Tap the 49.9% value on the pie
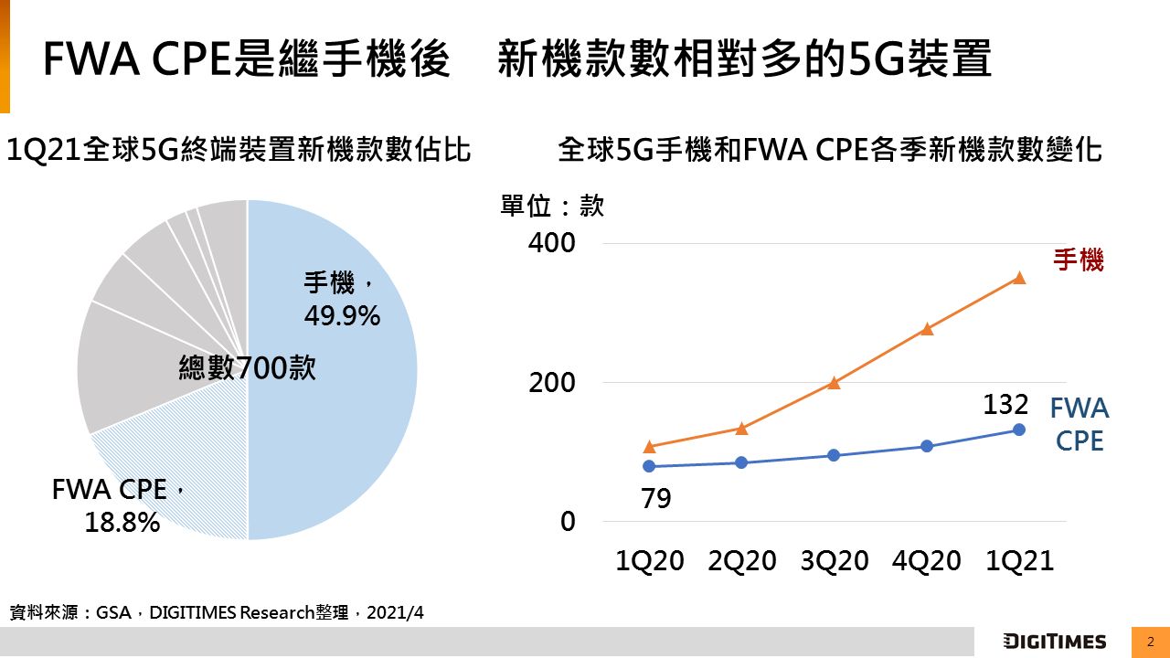click(x=342, y=316)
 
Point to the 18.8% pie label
click(x=122, y=522)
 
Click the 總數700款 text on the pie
click(x=247, y=368)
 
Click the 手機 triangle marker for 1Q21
click(x=1019, y=278)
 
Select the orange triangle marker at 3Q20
click(x=834, y=383)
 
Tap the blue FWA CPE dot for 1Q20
click(x=649, y=466)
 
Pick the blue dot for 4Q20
click(x=927, y=446)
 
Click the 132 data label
click(x=1006, y=405)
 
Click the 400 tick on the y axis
click(x=552, y=244)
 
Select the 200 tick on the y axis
click(x=552, y=383)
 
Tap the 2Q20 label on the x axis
click(x=741, y=561)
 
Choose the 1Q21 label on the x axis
click(x=1019, y=561)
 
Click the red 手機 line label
click(x=1079, y=260)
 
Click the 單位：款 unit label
click(x=552, y=207)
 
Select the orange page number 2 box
click(x=1151, y=642)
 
